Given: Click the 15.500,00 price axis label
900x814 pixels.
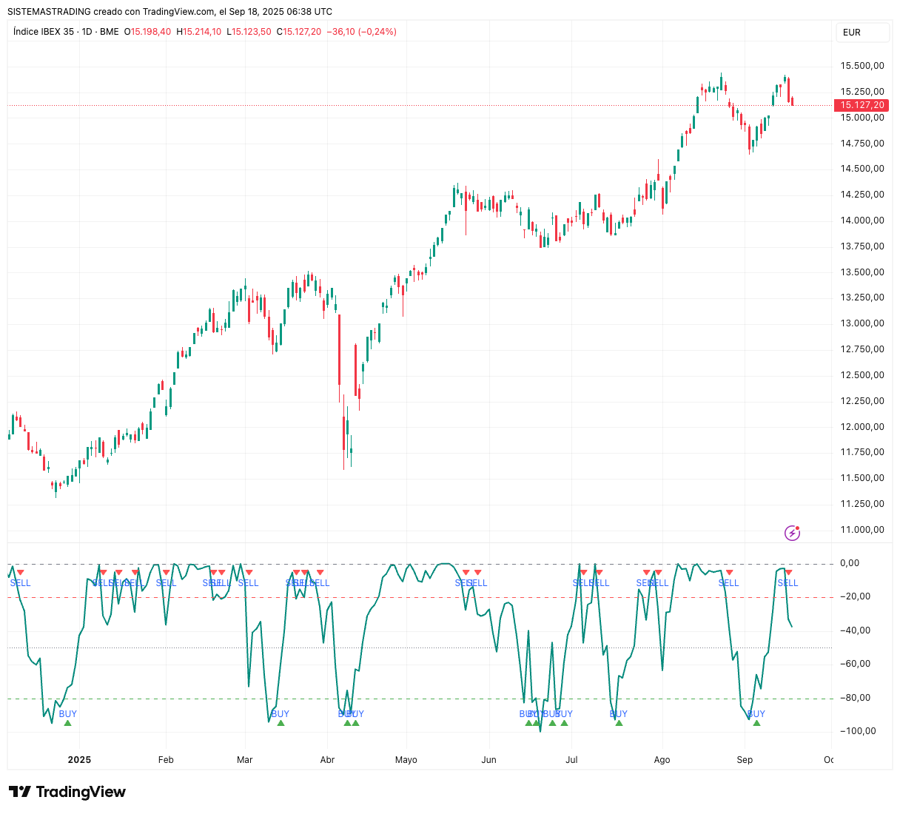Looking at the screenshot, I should coord(862,66).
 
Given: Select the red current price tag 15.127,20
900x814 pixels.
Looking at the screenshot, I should coord(862,105).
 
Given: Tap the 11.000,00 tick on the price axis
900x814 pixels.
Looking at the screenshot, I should coord(862,530).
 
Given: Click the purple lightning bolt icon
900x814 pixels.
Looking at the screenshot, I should coord(792,533).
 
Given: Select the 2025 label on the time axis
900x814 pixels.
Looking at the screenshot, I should coord(79,760).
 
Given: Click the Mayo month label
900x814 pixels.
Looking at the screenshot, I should coord(406,760).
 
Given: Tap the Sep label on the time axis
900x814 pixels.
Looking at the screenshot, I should coord(745,760).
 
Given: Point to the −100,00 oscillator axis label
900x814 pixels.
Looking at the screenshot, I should coord(858,731).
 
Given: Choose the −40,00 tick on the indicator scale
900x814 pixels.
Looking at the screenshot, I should coord(858,630).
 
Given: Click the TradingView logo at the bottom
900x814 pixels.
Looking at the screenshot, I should coord(67,792).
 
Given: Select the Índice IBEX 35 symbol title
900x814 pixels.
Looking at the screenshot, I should coord(44,32).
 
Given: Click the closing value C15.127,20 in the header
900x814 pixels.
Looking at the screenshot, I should coord(299,32).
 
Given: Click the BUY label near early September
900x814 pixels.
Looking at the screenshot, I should coord(756,714).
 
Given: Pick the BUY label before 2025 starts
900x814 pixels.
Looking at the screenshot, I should coord(67,714).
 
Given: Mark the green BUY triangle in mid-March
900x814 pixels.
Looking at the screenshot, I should coord(281,723).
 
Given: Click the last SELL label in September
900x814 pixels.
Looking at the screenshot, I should coord(787,583).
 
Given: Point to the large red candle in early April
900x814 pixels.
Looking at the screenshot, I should coord(340,349).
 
